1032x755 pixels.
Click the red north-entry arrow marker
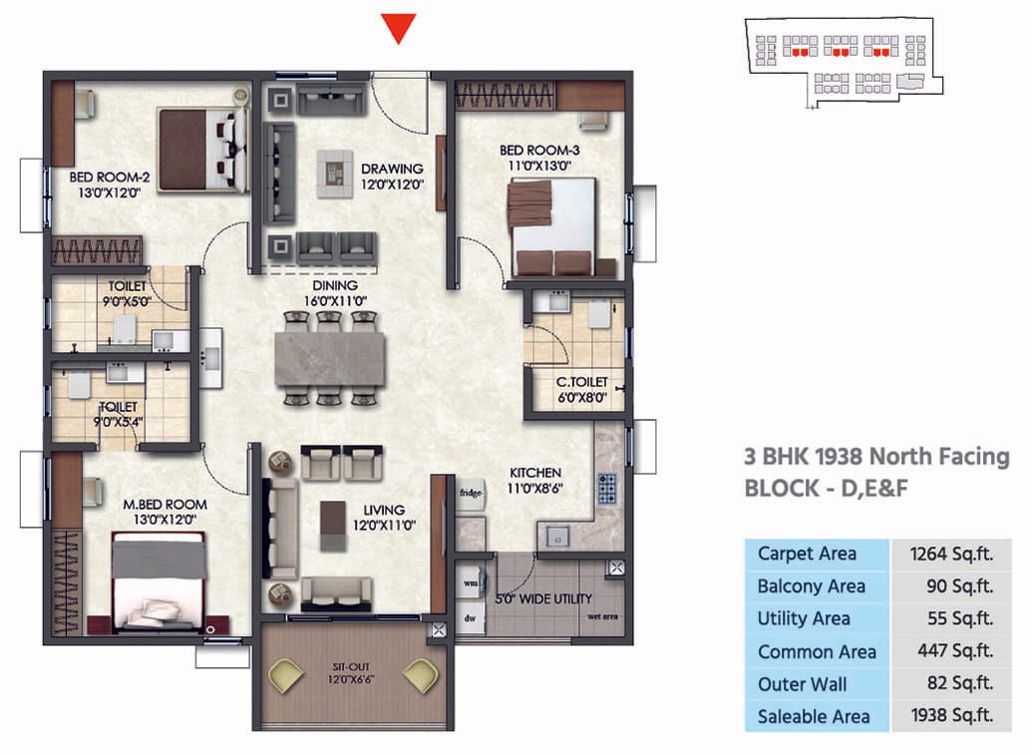point(399,28)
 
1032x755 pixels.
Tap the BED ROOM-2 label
point(110,179)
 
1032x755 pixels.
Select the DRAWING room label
point(392,169)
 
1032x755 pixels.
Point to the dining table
point(330,358)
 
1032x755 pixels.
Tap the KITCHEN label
point(535,472)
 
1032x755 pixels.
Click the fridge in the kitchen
point(471,494)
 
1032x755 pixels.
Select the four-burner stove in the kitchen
point(607,488)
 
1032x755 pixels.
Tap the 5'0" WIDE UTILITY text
point(543,598)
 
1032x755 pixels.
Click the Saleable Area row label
point(813,716)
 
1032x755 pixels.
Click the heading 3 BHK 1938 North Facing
point(876,457)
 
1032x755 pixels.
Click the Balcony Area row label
point(811,586)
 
